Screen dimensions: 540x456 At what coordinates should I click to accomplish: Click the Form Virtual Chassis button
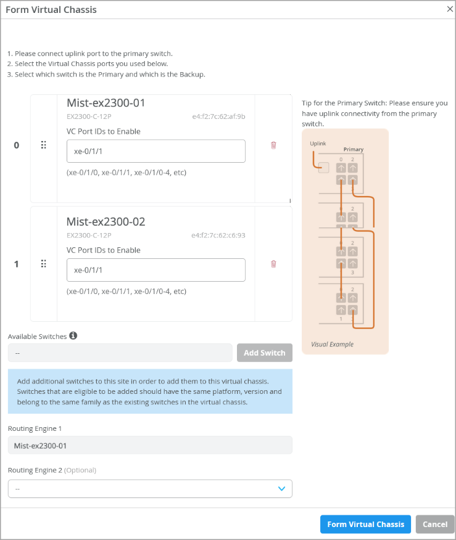365,524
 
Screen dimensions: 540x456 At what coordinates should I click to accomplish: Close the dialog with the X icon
450,9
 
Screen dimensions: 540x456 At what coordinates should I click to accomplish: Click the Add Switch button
265,353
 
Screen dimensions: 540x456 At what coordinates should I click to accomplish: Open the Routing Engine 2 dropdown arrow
281,488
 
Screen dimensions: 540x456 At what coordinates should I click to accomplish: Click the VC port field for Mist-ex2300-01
155,151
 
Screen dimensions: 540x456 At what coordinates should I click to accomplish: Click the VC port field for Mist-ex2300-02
155,270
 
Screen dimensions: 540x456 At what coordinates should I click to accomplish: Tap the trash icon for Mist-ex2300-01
273,145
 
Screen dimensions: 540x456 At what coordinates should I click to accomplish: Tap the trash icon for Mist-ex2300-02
273,264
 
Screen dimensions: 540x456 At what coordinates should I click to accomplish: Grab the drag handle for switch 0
44,145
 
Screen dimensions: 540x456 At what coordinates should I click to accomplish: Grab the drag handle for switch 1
44,264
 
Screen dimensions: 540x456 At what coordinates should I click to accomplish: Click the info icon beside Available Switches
73,336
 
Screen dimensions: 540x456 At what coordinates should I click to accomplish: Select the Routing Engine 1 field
150,445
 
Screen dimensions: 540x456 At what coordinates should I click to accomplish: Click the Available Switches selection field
120,353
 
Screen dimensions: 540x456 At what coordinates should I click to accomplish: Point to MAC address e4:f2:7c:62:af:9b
218,116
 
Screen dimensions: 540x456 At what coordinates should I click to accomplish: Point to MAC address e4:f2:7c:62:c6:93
218,235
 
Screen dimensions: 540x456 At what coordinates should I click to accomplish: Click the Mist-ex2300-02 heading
106,222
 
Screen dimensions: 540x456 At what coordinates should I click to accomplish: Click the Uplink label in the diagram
318,144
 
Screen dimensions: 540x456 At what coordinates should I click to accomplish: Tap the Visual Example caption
333,344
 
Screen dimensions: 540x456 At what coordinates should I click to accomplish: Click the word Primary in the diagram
354,149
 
